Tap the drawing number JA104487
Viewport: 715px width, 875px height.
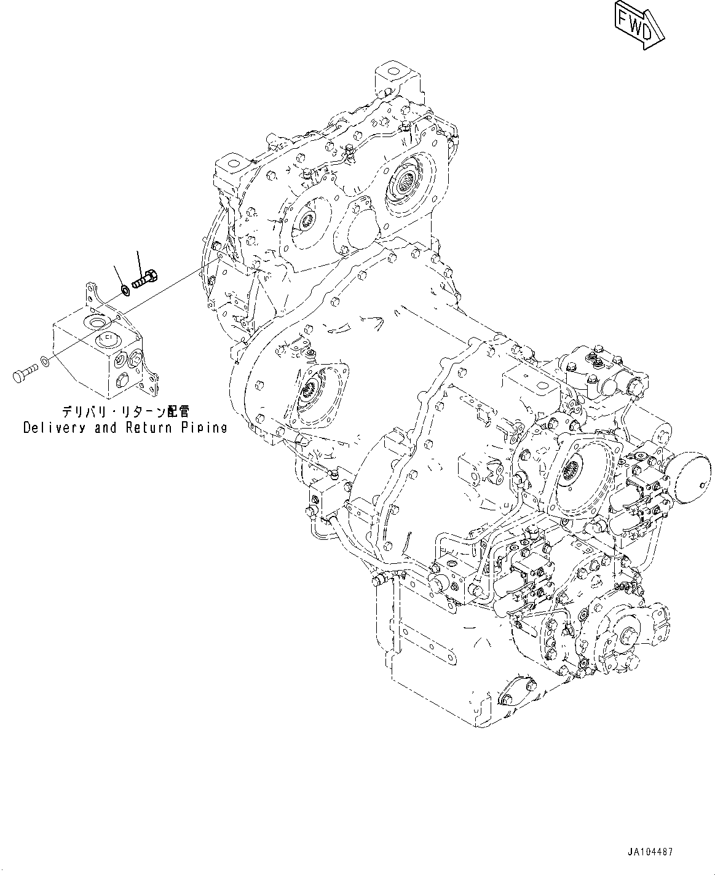click(650, 852)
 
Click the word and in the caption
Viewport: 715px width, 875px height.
click(105, 427)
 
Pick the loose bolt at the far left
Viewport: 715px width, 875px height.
click(25, 372)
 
